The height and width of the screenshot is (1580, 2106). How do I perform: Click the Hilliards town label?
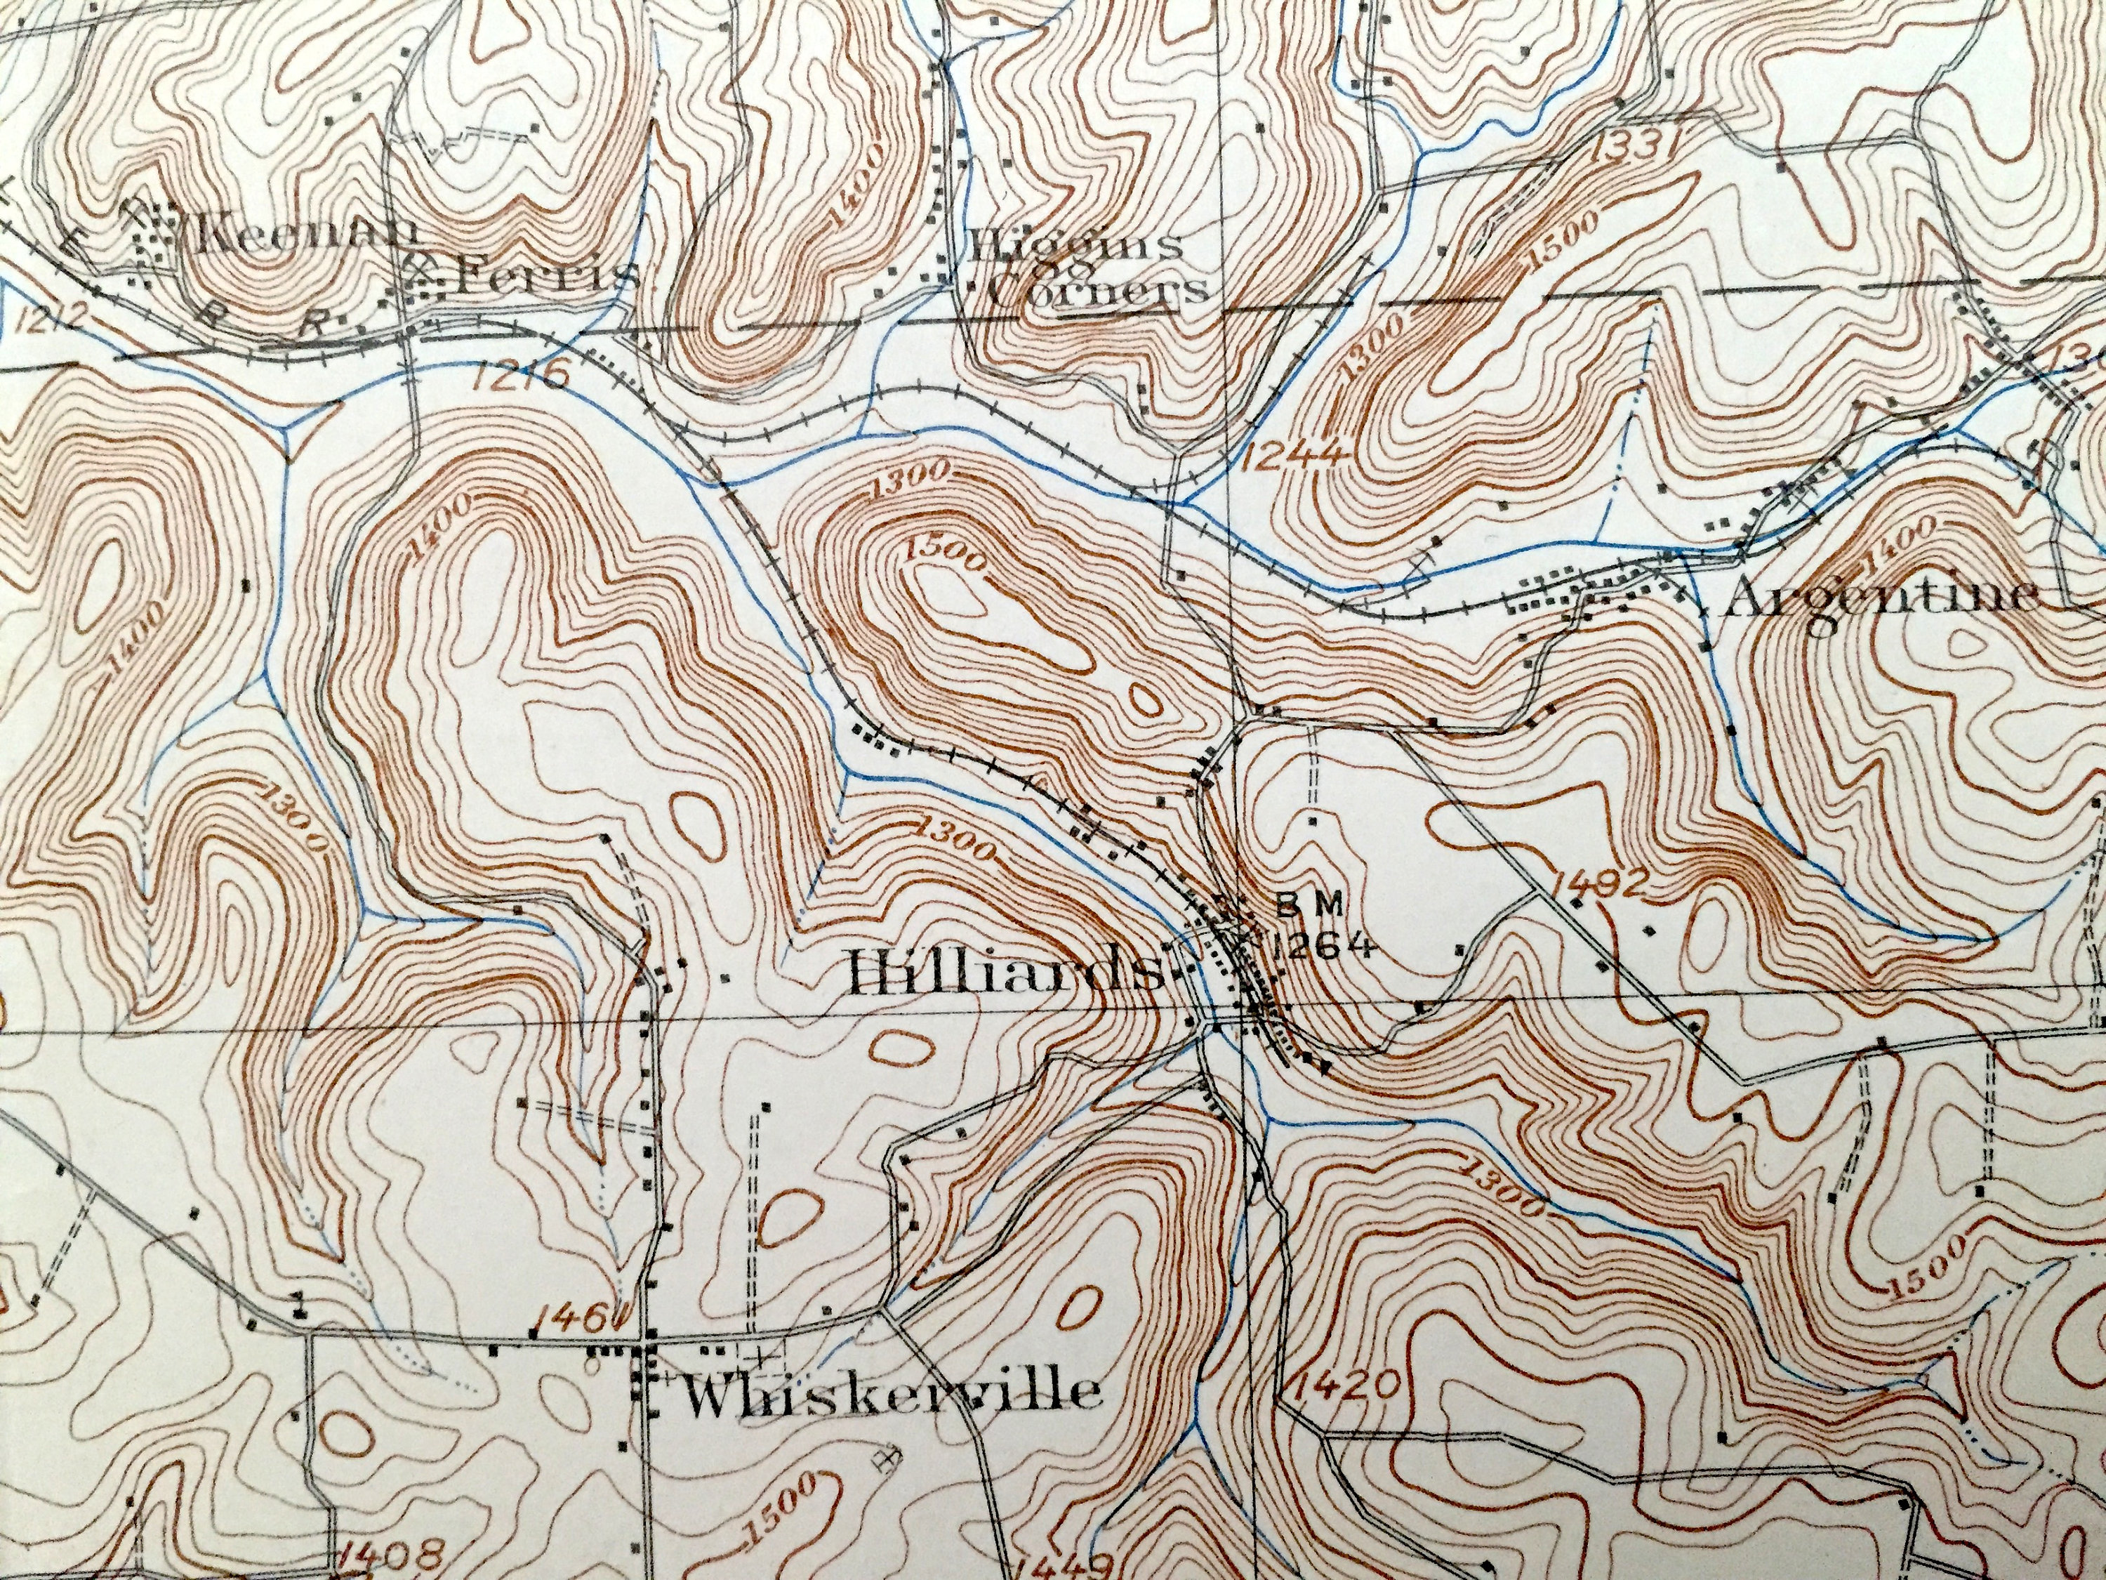(x=1005, y=973)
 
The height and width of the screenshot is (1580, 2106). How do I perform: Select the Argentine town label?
(x=1881, y=598)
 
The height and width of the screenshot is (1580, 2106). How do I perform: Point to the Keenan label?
(x=297, y=233)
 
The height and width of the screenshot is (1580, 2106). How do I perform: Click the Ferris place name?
(x=543, y=275)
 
